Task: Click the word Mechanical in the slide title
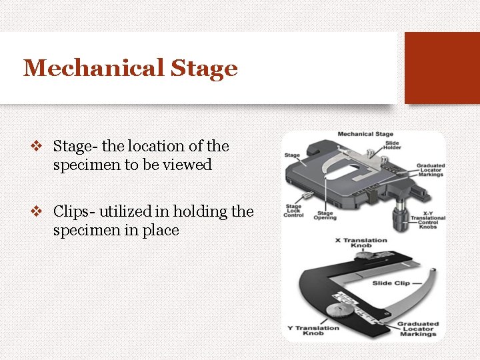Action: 93,68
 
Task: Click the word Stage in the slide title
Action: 203,68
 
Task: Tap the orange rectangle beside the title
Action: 442,68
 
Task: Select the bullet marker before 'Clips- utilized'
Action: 37,212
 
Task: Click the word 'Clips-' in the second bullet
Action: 75,212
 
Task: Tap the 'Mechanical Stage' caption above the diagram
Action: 365,134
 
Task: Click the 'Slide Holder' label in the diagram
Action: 392,145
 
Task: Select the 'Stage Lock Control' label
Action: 293,211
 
